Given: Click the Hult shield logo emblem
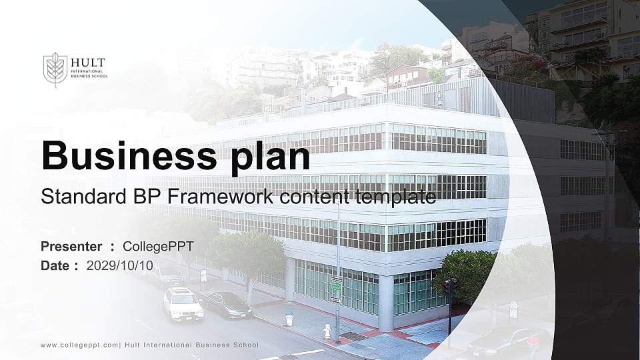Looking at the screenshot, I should (x=55, y=69).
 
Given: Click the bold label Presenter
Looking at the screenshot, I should (x=71, y=247).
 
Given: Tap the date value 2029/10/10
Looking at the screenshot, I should (x=120, y=265).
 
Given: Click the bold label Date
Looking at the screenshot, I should (x=55, y=265).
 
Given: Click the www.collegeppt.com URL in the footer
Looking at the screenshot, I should (x=79, y=345).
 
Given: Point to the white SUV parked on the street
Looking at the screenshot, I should (x=183, y=304).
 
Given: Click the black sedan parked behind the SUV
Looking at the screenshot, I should (x=227, y=305).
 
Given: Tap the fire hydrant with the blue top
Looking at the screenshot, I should (x=289, y=319).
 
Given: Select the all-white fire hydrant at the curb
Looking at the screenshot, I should (x=327, y=331).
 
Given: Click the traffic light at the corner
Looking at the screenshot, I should (x=450, y=287).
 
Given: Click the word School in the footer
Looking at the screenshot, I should (x=243, y=345).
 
